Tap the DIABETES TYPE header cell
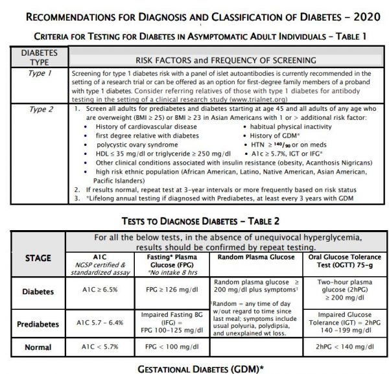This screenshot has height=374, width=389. [x=33, y=56]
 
